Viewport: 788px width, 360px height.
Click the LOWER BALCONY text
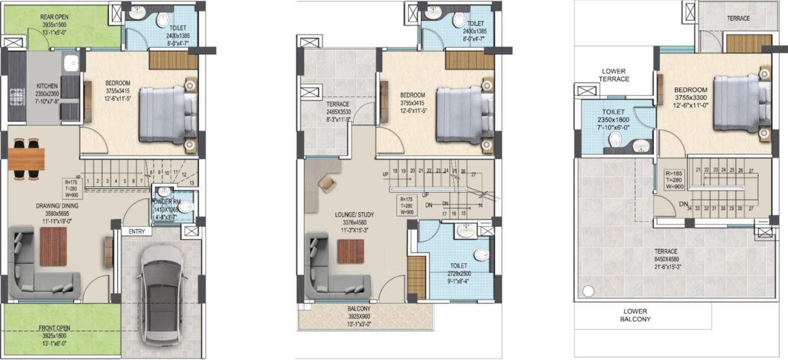[x=634, y=315]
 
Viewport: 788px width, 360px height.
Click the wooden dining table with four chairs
[x=27, y=158]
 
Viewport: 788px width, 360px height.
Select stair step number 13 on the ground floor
[x=191, y=182]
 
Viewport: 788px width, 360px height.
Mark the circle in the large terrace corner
[x=588, y=290]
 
